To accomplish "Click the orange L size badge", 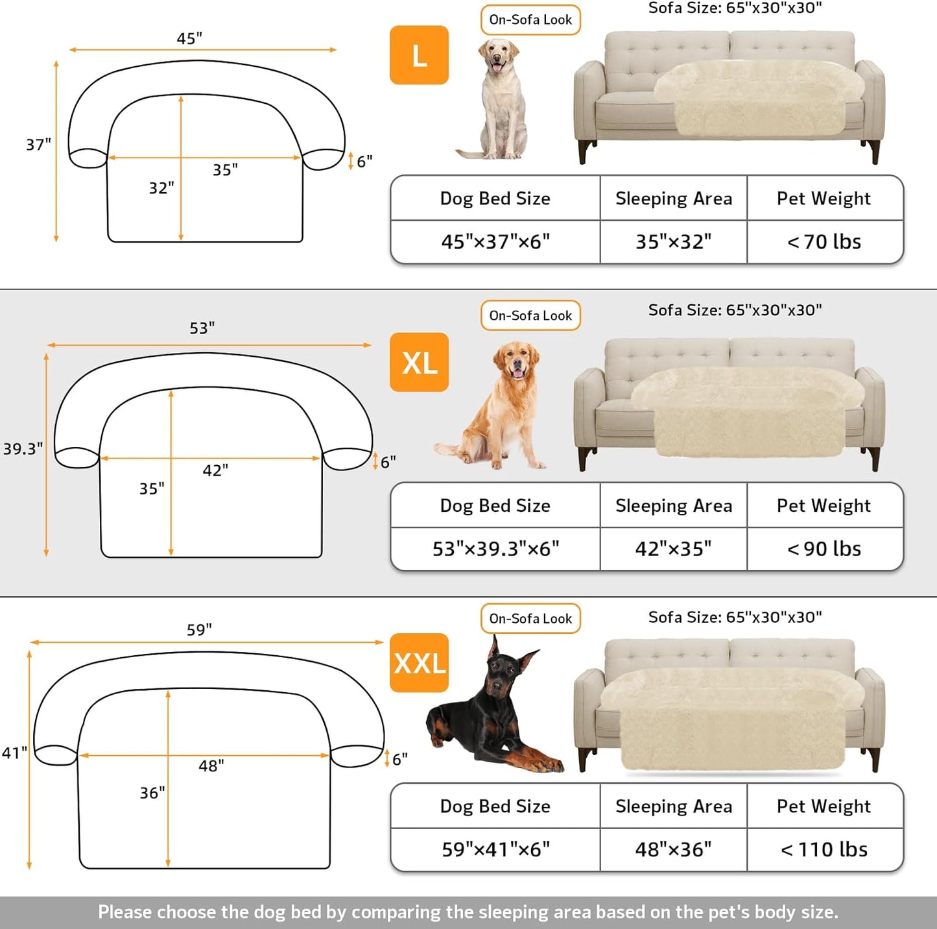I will coord(419,55).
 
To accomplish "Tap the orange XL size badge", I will coord(419,362).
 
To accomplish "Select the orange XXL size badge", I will coord(419,663).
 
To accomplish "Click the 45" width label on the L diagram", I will coord(189,39).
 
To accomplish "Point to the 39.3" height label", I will coord(23,449).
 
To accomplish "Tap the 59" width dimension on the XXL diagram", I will coord(199,630).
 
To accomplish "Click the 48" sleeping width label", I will coord(211,766).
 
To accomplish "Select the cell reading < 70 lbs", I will coord(824,242).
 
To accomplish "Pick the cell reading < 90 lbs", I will coord(824,549).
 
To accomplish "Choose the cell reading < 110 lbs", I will coord(824,849).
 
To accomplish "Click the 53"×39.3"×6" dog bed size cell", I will coord(495,549).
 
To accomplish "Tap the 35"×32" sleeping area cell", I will coord(673,242).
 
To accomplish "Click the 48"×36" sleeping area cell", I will coord(673,849).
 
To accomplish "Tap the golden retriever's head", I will coord(516,361).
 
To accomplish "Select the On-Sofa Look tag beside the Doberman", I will coord(530,619).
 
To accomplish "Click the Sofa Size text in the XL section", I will coord(735,310).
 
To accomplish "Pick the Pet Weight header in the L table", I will coord(824,199).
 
